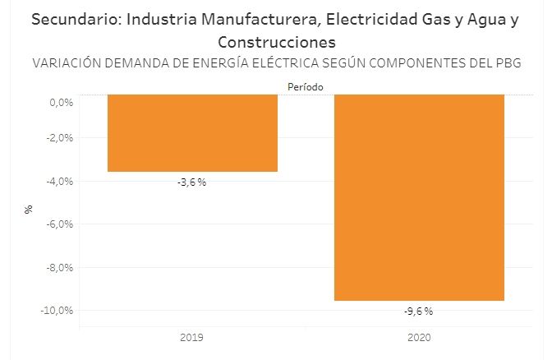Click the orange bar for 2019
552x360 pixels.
coord(192,132)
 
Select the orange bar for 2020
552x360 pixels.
coord(418,197)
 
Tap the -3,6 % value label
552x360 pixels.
coord(192,182)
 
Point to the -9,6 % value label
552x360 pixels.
coord(418,311)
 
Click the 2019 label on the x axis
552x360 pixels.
coord(191,338)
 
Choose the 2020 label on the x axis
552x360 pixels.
coord(418,338)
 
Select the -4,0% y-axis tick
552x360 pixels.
coord(62,181)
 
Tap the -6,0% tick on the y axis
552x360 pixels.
coord(62,224)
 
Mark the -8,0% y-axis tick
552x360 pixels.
coord(62,267)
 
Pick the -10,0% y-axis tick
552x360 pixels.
coord(59,311)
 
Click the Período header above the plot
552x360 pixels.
coord(305,85)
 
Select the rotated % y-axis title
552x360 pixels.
coord(29,209)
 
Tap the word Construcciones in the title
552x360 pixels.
coord(278,41)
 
